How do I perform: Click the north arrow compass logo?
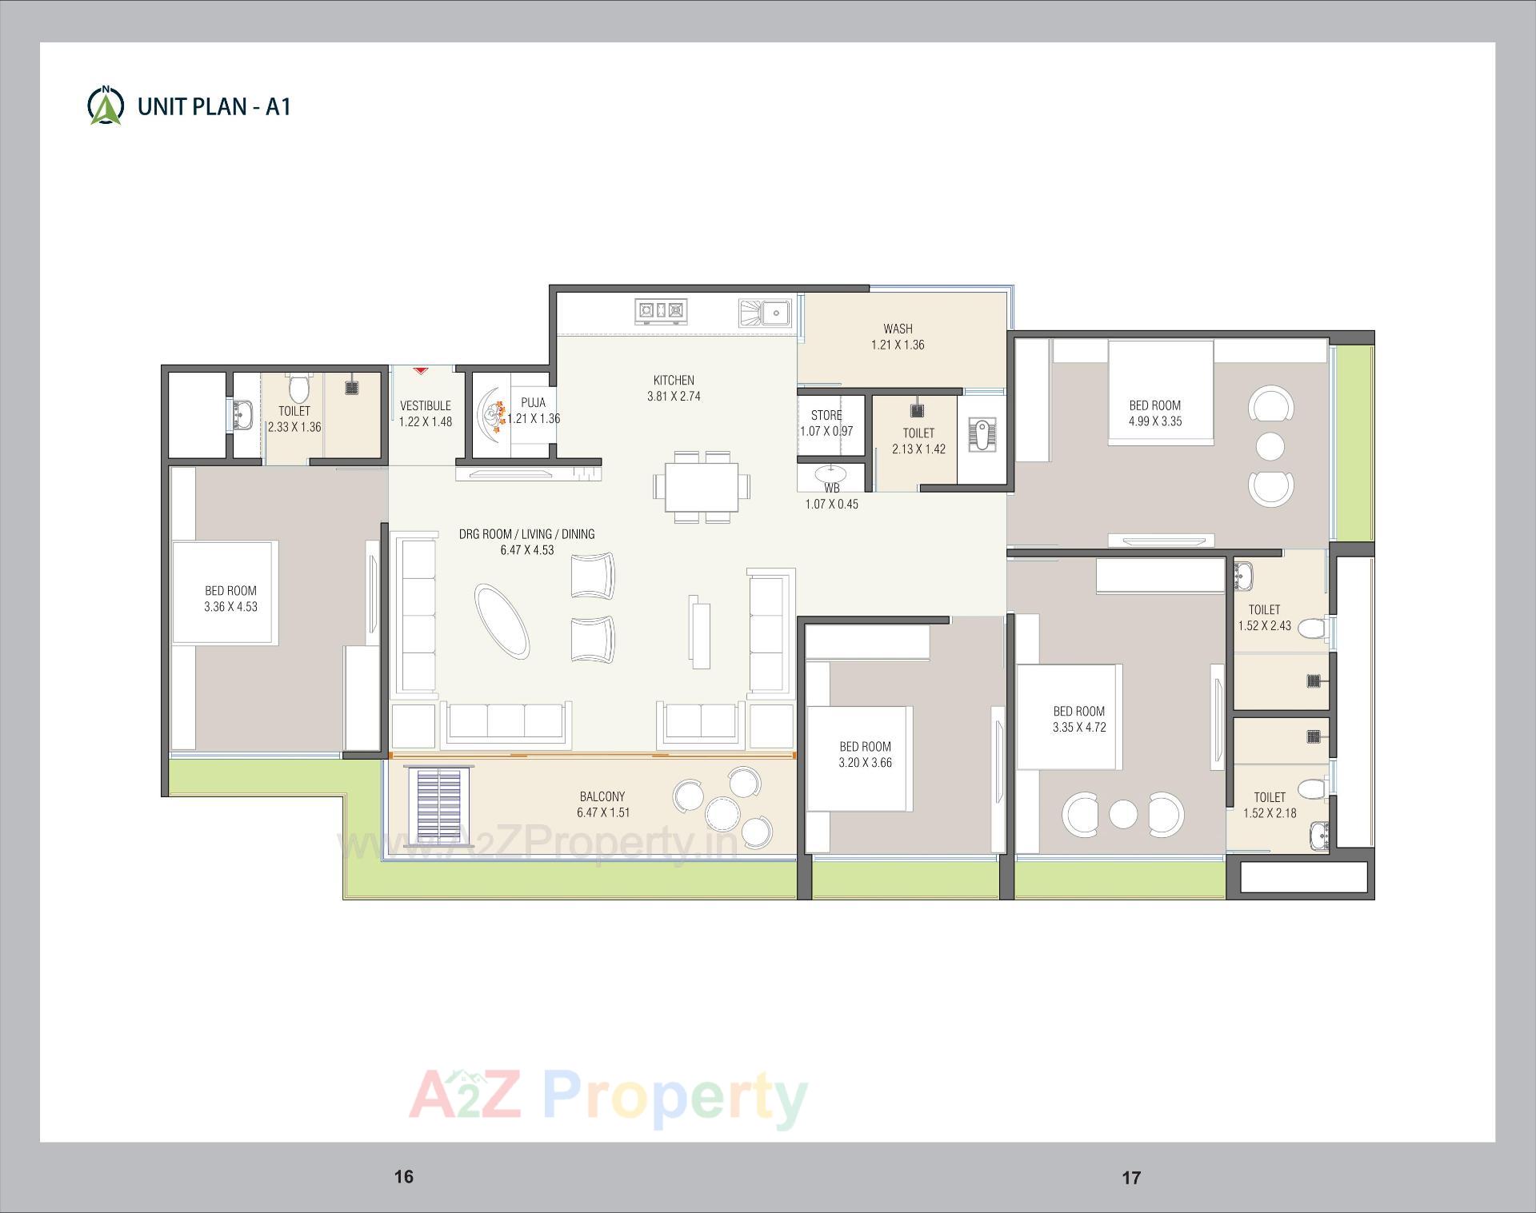(x=105, y=106)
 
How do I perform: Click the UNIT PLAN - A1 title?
(x=214, y=106)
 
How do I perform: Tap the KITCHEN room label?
(x=674, y=381)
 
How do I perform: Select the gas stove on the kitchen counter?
(x=661, y=311)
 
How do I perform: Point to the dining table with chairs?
(x=702, y=487)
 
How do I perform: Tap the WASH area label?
(x=898, y=329)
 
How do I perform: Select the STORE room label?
(x=826, y=416)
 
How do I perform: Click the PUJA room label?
(x=533, y=403)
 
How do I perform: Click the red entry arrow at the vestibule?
(x=421, y=370)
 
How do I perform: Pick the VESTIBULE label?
(x=426, y=406)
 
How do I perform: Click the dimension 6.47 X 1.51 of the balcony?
(x=603, y=813)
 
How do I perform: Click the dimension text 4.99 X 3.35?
(x=1154, y=421)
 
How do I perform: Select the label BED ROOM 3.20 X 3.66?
(x=865, y=755)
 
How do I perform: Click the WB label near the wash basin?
(x=832, y=488)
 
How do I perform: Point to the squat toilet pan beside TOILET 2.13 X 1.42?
(x=982, y=435)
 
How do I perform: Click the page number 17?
(x=1130, y=1177)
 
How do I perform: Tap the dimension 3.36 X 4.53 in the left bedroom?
(x=230, y=607)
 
